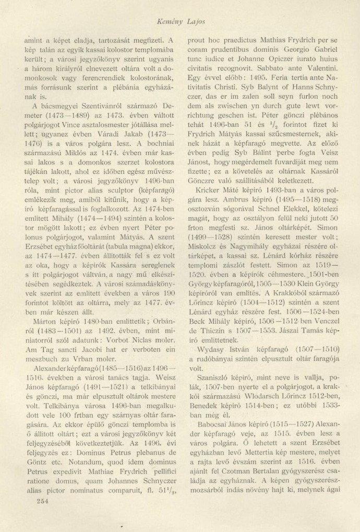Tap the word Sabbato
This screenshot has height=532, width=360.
tap(280, 68)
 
